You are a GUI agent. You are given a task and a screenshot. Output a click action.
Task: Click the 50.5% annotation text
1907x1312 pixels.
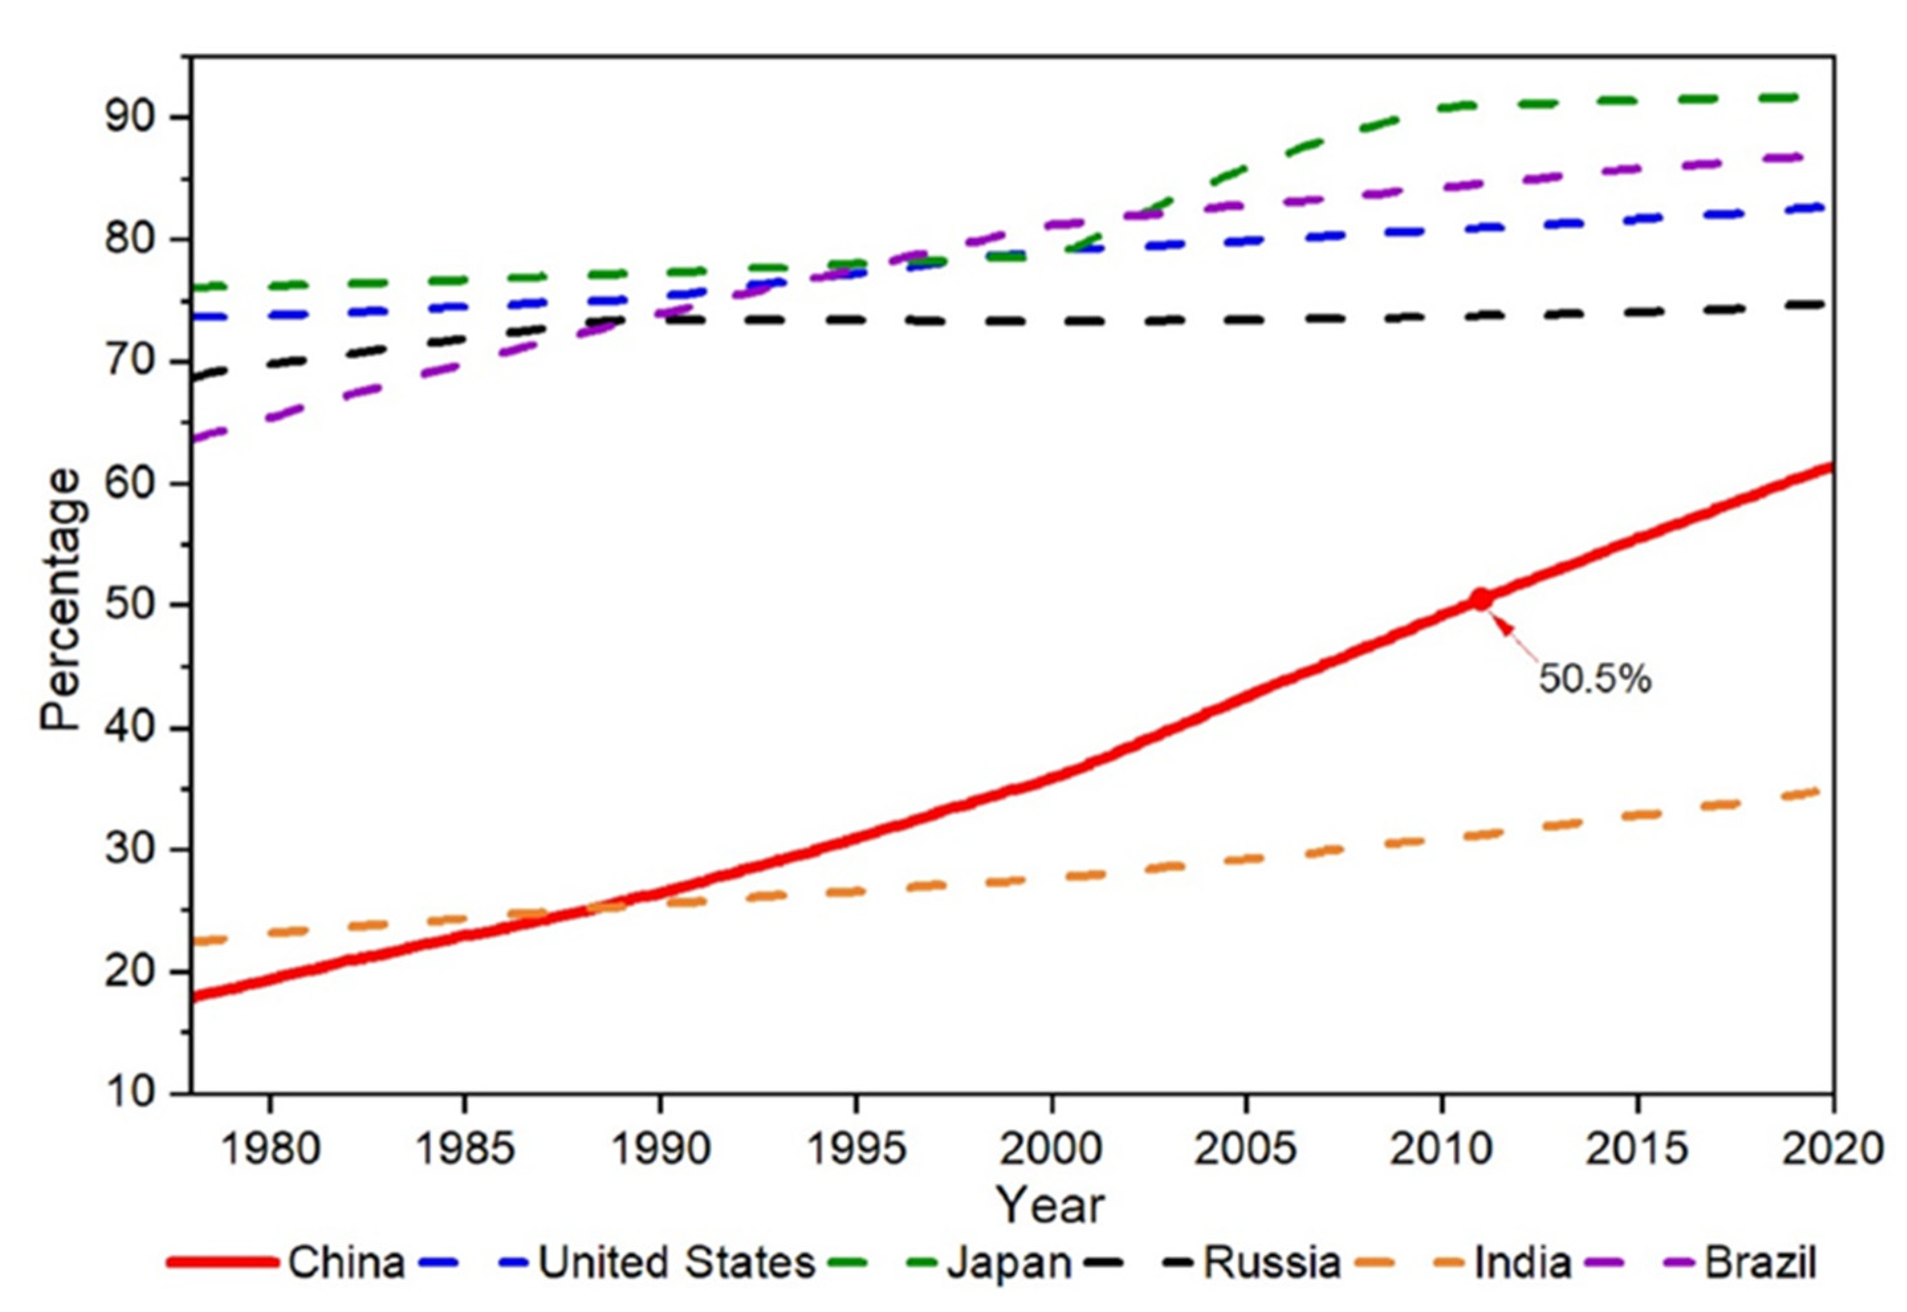pyautogui.click(x=1594, y=679)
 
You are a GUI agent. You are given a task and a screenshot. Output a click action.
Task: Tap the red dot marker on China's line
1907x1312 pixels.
pyautogui.click(x=1479, y=599)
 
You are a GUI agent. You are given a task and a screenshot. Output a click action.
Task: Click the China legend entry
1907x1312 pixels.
pyautogui.click(x=346, y=1262)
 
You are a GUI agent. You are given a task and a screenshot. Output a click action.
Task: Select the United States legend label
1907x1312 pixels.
pyautogui.click(x=675, y=1262)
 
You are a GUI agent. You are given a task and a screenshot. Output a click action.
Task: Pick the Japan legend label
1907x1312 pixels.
pyautogui.click(x=1010, y=1262)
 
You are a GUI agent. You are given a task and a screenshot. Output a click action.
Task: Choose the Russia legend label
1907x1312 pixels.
pyautogui.click(x=1271, y=1262)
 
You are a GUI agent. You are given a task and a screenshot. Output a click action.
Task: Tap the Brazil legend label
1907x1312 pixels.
pyautogui.click(x=1760, y=1262)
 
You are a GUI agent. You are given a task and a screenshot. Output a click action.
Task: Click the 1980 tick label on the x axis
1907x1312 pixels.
pyautogui.click(x=270, y=1148)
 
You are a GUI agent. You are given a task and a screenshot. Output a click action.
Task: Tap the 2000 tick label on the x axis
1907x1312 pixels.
pyautogui.click(x=1051, y=1148)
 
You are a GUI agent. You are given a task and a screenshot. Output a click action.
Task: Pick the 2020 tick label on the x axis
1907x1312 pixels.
pyautogui.click(x=1831, y=1148)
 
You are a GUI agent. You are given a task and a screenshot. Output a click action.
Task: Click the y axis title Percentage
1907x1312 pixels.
pyautogui.click(x=62, y=599)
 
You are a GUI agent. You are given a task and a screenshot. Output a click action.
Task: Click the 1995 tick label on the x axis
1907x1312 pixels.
pyautogui.click(x=856, y=1148)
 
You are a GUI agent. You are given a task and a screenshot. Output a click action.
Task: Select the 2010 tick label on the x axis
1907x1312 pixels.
pyautogui.click(x=1440, y=1148)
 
